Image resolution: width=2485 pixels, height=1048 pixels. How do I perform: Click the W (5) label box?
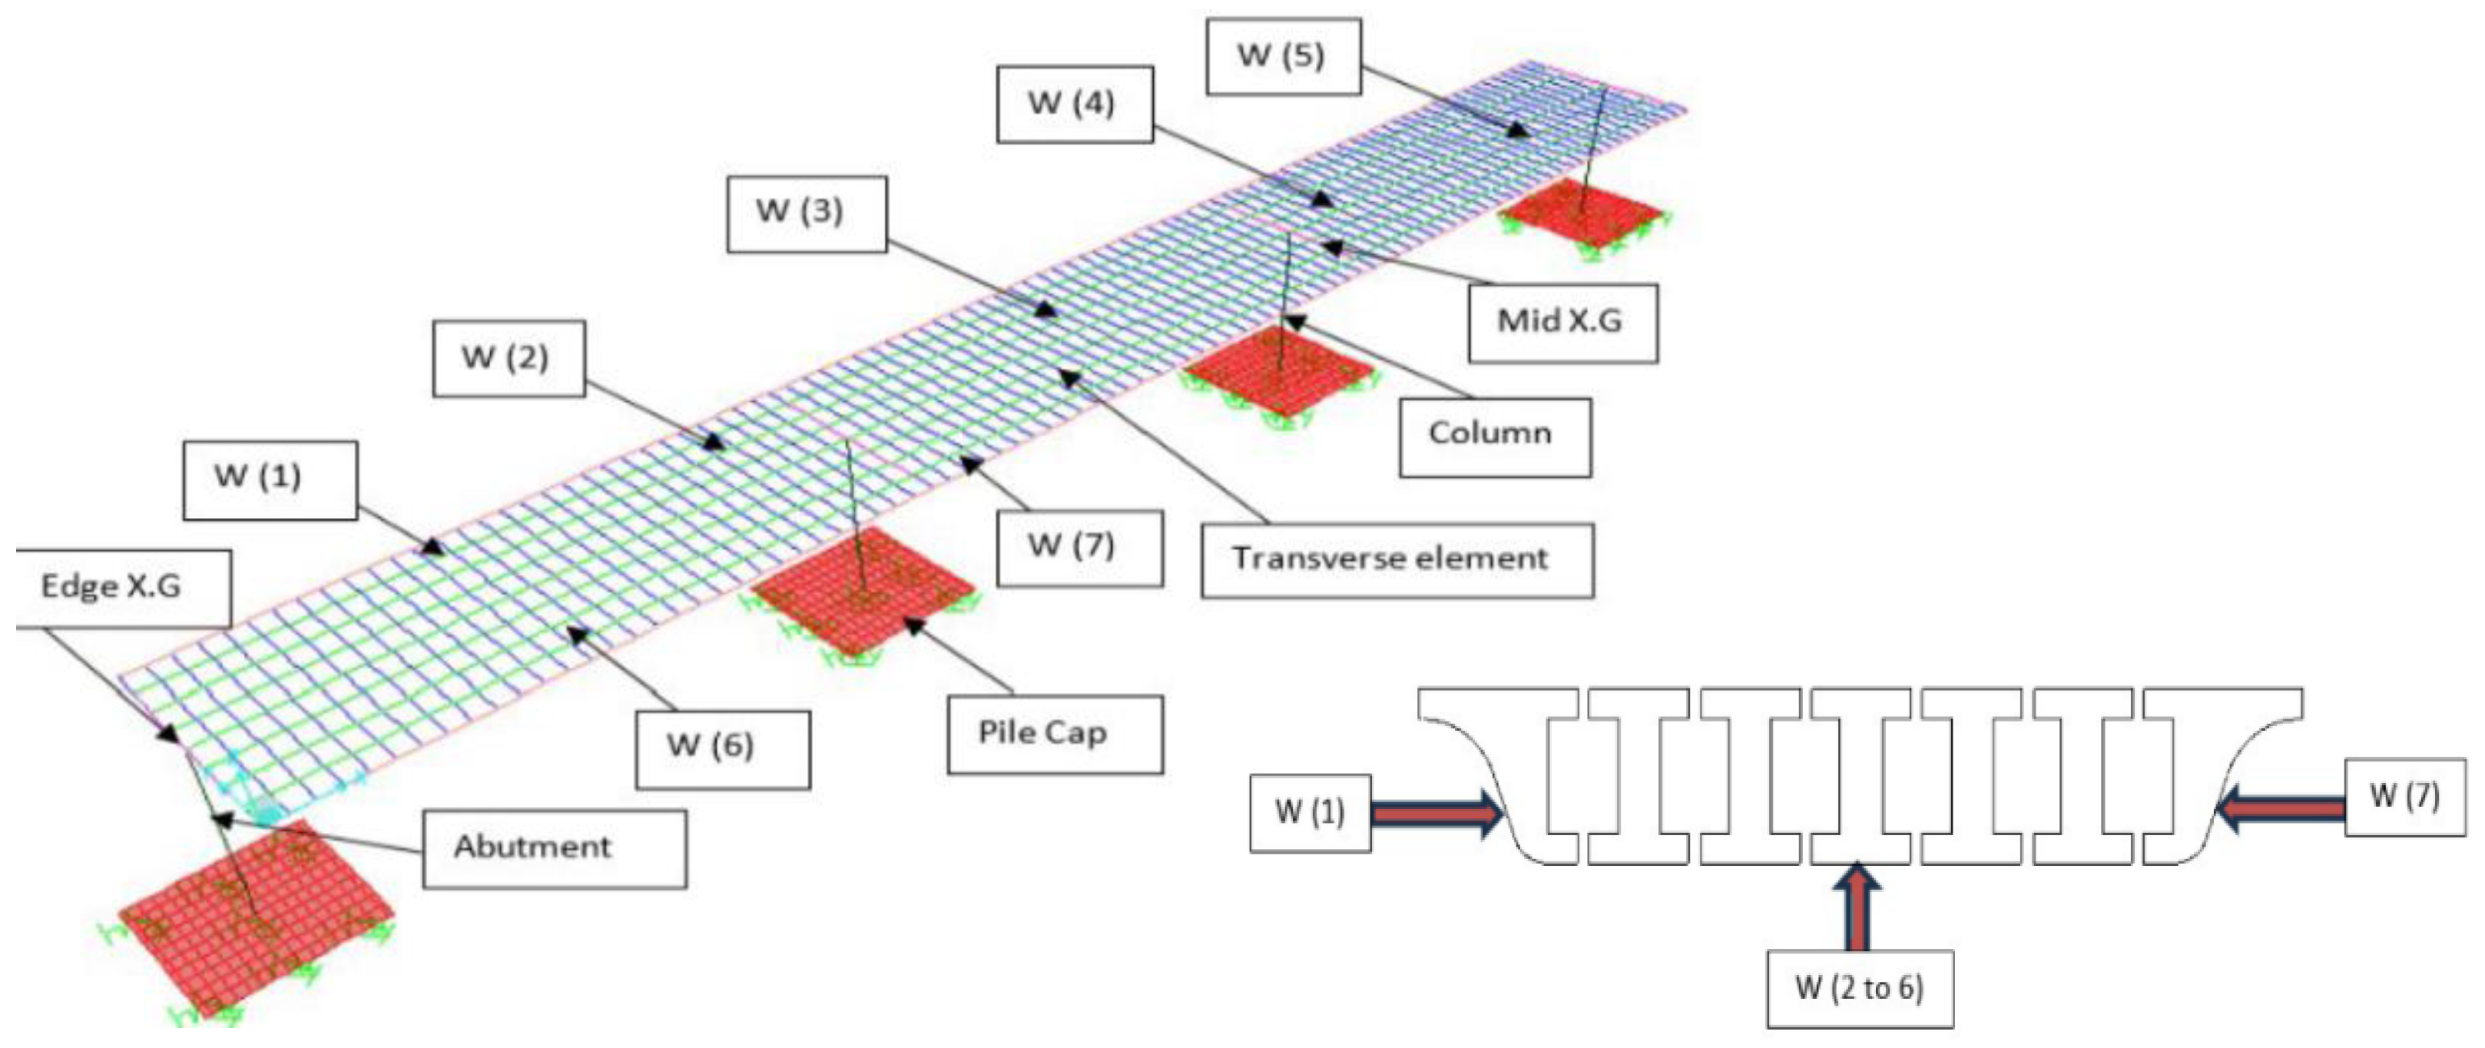[x=1282, y=56]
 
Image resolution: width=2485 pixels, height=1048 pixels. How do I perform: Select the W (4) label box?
[x=1074, y=104]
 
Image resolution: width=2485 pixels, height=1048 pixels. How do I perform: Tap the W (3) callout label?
[x=806, y=214]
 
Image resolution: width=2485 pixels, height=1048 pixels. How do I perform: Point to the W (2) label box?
[x=508, y=358]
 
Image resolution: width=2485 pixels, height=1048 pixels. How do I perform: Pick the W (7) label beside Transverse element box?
[x=1078, y=547]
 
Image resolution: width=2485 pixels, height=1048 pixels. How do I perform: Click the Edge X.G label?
[x=122, y=588]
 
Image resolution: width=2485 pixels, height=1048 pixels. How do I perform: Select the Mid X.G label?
[x=1562, y=322]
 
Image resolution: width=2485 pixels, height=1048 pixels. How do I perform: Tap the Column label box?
[x=1494, y=436]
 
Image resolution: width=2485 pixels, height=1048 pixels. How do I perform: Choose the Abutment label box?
[x=554, y=848]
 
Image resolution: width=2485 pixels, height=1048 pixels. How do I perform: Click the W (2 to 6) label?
[x=1859, y=988]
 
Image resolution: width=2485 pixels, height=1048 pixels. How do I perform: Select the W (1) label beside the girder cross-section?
[x=1309, y=813]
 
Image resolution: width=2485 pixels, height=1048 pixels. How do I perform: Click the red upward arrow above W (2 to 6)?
[x=1859, y=907]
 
